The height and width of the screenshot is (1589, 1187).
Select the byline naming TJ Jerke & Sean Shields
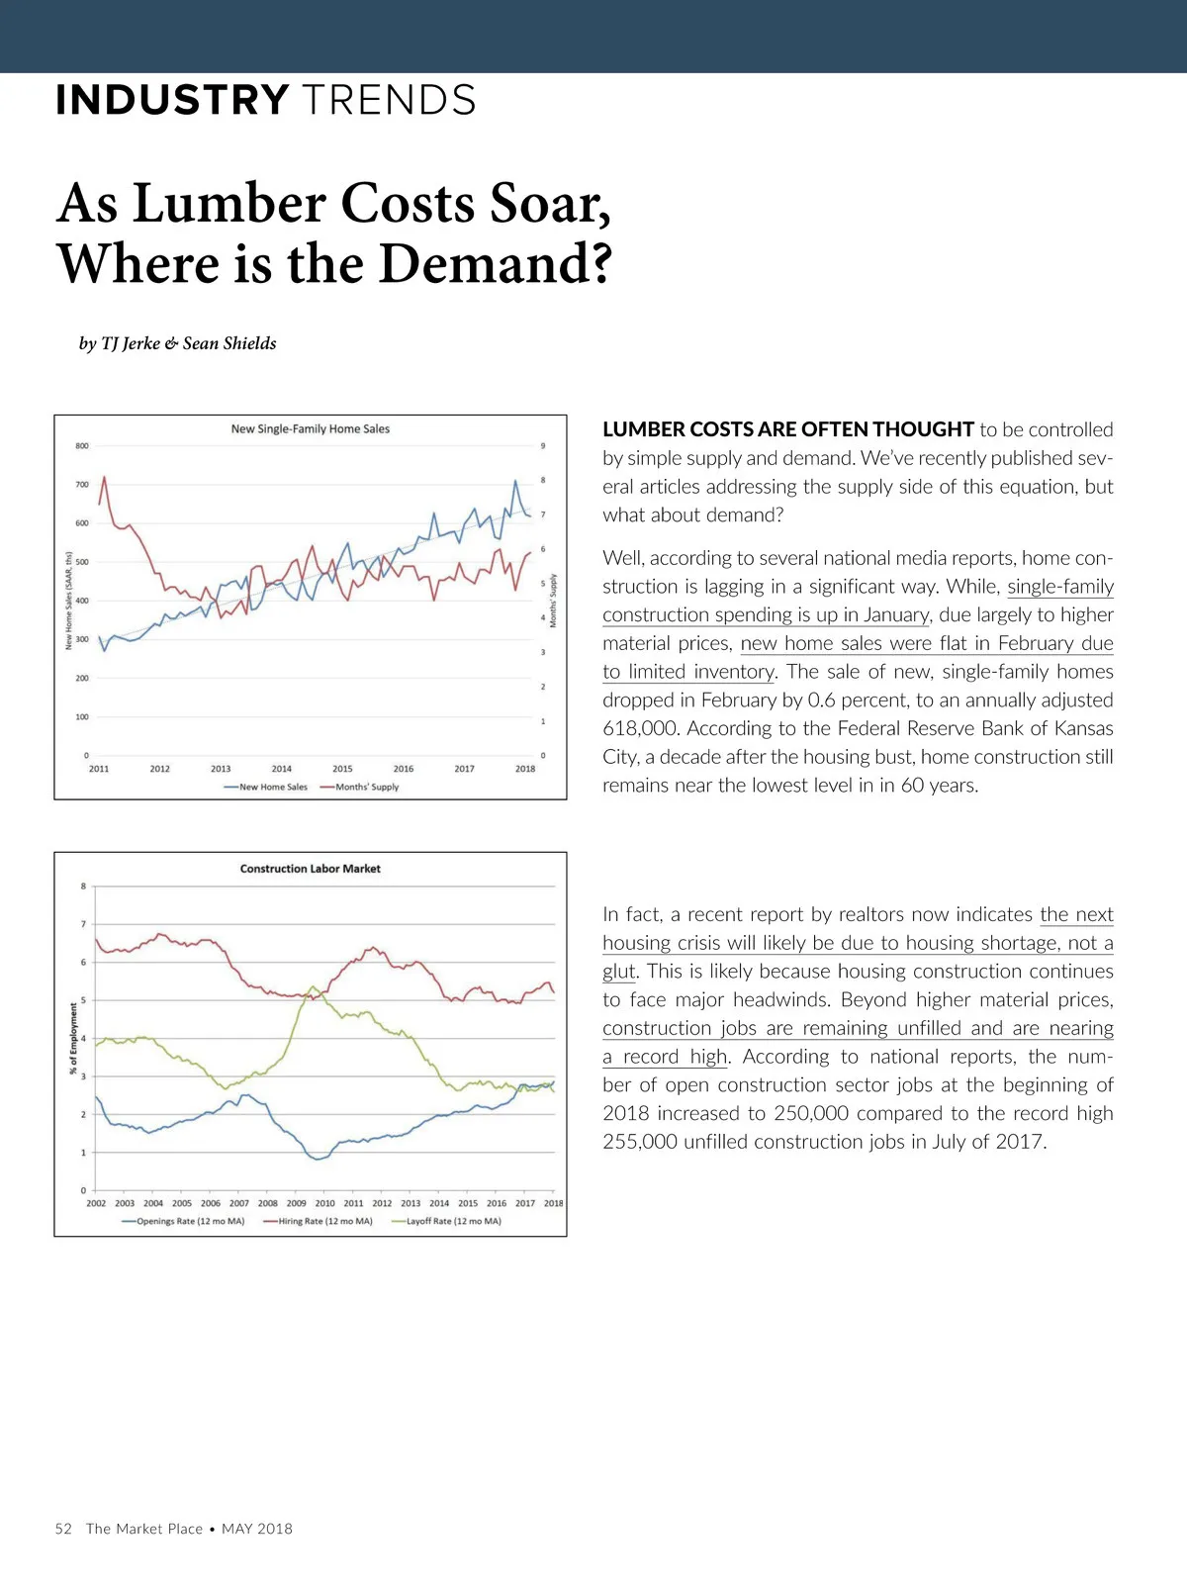tap(178, 343)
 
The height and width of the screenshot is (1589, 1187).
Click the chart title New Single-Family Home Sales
tap(310, 429)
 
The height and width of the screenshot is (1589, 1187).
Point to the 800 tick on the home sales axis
tap(82, 446)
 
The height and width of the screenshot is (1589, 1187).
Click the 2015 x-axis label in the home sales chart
tap(342, 769)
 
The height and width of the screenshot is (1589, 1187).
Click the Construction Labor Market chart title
tap(310, 869)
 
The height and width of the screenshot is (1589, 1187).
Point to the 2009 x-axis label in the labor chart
tap(297, 1203)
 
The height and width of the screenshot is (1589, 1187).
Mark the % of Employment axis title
tap(73, 1038)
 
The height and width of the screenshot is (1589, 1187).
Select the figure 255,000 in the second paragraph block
tap(640, 1142)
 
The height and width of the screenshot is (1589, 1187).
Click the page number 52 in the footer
tap(63, 1529)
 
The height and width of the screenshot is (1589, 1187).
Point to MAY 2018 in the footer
tap(257, 1529)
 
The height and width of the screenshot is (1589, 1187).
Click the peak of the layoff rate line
tap(314, 986)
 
